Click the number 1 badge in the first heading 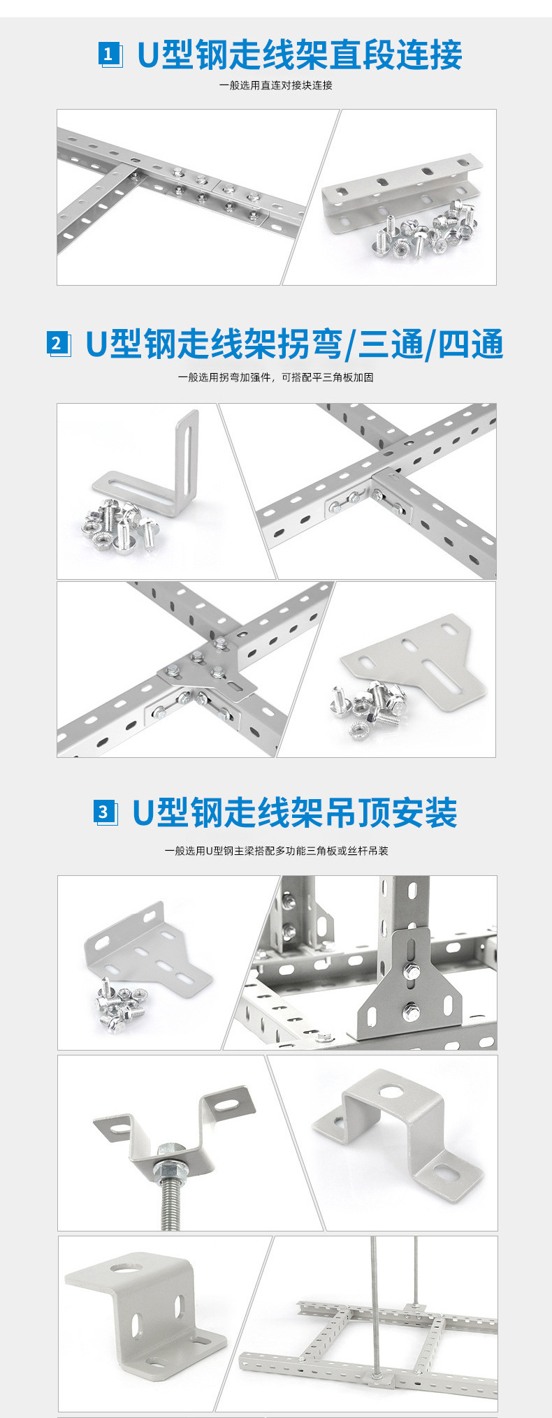(x=109, y=54)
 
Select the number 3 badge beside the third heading (x=103, y=812)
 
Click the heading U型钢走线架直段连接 (x=300, y=55)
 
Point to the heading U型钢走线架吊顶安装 (x=295, y=812)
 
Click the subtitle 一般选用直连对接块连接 (x=276, y=85)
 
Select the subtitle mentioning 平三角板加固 (x=275, y=377)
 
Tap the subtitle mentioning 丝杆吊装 (x=276, y=851)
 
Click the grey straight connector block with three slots (x=399, y=191)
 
